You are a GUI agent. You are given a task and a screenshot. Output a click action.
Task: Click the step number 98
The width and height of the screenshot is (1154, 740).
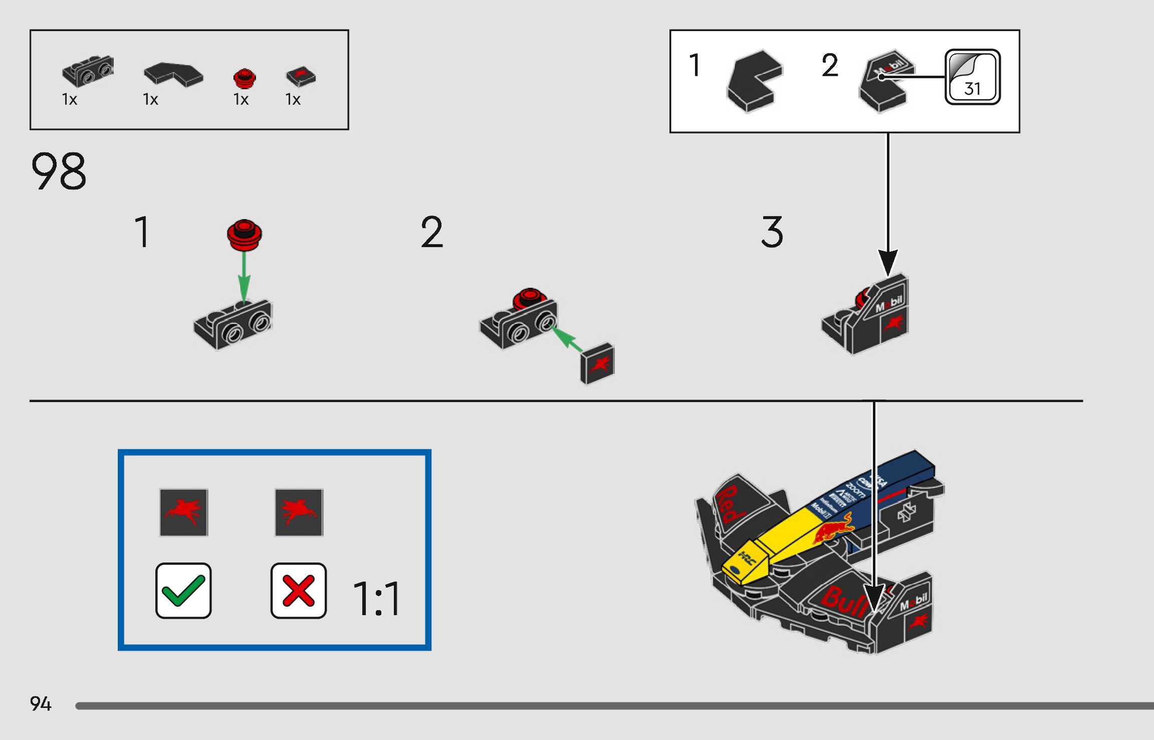click(x=59, y=171)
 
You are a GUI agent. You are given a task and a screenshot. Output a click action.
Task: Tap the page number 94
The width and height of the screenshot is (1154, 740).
click(x=40, y=703)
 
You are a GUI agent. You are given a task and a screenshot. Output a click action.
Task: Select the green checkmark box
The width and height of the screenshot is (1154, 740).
click(x=183, y=591)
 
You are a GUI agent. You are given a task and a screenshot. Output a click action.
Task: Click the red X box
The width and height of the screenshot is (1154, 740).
click(x=298, y=591)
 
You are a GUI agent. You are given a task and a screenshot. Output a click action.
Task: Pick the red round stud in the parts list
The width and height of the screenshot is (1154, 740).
click(x=245, y=78)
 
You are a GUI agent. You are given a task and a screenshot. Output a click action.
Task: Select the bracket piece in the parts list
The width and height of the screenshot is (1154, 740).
click(x=88, y=71)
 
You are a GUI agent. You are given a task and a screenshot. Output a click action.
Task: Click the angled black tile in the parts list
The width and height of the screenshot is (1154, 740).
click(x=173, y=74)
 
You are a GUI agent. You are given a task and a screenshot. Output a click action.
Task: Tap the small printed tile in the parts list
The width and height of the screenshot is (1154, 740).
click(x=301, y=76)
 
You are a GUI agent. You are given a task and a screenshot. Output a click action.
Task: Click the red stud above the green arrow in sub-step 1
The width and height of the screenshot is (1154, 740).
click(x=244, y=234)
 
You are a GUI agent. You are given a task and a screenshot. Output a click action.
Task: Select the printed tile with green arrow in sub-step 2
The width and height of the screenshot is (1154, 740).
click(x=597, y=363)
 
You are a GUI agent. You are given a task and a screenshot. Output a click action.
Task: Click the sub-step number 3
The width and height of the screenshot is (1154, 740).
click(x=772, y=232)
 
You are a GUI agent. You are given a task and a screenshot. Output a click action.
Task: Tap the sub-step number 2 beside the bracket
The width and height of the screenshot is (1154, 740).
click(x=431, y=232)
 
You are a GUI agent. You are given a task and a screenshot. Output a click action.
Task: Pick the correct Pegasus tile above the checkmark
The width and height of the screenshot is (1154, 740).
click(x=183, y=512)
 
